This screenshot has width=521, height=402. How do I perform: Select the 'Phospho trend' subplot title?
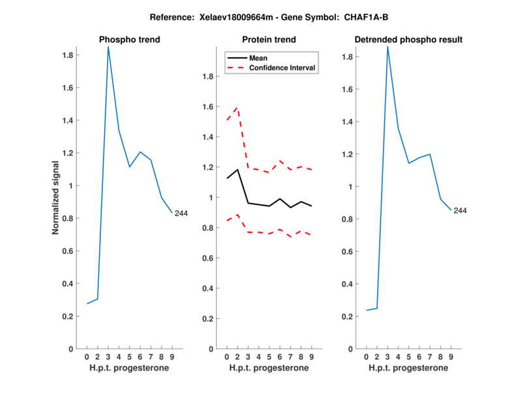130,40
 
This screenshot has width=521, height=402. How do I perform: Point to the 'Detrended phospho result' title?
408,40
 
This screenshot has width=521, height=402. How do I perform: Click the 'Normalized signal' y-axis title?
56,198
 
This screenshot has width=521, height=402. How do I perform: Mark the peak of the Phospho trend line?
108,46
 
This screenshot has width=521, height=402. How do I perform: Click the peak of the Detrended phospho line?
387,46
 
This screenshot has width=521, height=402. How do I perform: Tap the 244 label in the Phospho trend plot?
181,213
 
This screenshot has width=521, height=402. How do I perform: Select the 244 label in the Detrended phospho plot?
460,211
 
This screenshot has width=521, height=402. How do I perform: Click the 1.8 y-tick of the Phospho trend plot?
67,55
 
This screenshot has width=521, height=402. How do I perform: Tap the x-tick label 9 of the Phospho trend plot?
172,356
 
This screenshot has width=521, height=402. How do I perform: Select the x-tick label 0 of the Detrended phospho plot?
366,356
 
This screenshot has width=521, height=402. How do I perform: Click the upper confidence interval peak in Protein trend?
237,108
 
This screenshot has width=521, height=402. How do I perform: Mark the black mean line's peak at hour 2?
237,170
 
